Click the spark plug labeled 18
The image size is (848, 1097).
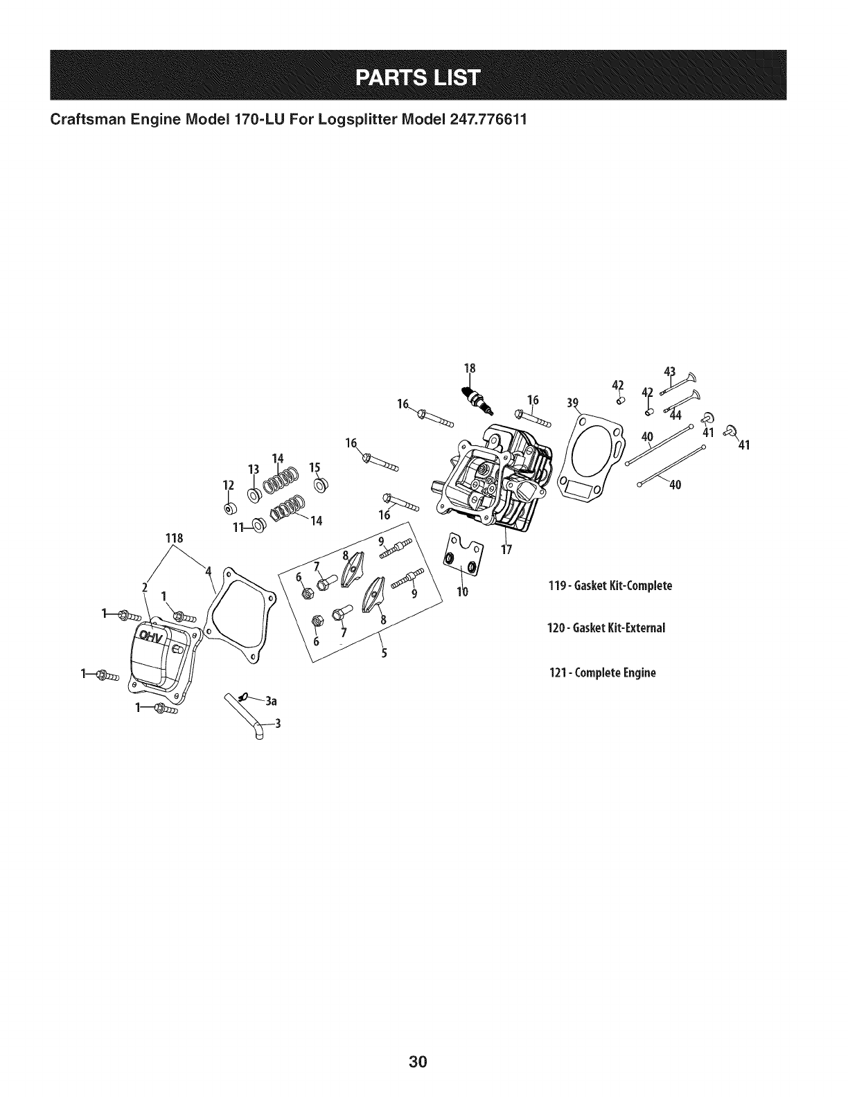click(x=475, y=400)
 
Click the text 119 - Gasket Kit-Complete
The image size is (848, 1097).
click(x=610, y=586)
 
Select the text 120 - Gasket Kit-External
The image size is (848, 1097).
click(x=606, y=628)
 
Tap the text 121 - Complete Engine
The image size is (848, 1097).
click(x=601, y=672)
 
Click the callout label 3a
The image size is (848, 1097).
click(x=271, y=701)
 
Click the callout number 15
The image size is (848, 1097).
click(x=315, y=466)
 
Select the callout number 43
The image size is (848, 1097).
click(x=669, y=371)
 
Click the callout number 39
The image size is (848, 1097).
click(x=572, y=404)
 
